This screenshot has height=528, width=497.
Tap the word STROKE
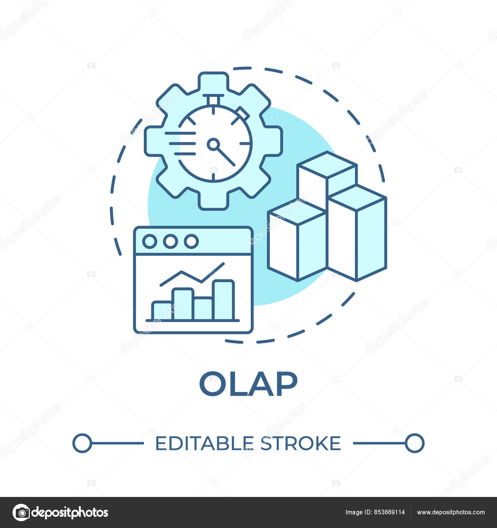(x=300, y=443)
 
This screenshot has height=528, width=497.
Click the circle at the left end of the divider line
(x=82, y=443)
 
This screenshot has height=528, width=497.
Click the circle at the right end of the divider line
(x=415, y=443)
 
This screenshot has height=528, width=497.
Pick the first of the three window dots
(x=150, y=241)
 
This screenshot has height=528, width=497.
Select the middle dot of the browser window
(x=170, y=241)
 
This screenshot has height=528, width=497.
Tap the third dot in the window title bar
(x=191, y=241)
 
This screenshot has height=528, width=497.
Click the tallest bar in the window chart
(x=224, y=300)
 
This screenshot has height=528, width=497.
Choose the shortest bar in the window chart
(x=162, y=311)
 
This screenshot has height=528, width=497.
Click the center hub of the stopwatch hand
(x=213, y=144)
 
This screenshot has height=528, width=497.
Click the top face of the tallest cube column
(x=327, y=165)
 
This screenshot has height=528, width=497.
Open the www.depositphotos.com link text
(x=451, y=512)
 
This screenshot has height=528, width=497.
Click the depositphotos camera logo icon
(x=21, y=512)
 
